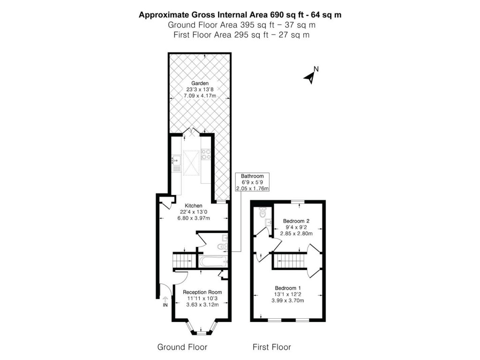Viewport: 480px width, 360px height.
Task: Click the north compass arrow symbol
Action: [x=310, y=77]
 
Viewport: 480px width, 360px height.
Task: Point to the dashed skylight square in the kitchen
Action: [x=191, y=161]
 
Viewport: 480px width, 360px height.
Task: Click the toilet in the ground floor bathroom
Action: [x=224, y=246]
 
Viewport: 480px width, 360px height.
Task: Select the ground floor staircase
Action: [x=183, y=261]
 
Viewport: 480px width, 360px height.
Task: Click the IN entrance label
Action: [x=165, y=305]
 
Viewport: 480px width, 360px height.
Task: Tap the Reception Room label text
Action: [x=202, y=292]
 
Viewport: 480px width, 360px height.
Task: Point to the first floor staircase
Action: [x=289, y=261]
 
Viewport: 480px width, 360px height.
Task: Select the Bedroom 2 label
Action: [x=295, y=220]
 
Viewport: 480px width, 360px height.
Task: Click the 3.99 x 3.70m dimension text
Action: [x=288, y=301]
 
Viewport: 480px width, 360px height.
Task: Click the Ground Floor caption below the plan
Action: [x=182, y=347]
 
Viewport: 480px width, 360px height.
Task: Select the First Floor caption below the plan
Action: [x=272, y=347]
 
